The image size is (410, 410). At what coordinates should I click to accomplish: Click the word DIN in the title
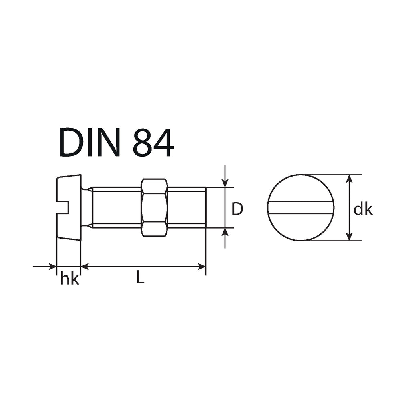[x=90, y=142]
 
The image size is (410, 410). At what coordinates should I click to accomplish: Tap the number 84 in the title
[x=153, y=142]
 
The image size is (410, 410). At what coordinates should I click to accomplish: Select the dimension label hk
[x=70, y=278]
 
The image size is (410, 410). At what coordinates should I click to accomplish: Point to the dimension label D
[x=237, y=209]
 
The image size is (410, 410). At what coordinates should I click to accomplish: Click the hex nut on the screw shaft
[x=154, y=208]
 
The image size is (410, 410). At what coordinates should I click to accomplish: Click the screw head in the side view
[x=69, y=207]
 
